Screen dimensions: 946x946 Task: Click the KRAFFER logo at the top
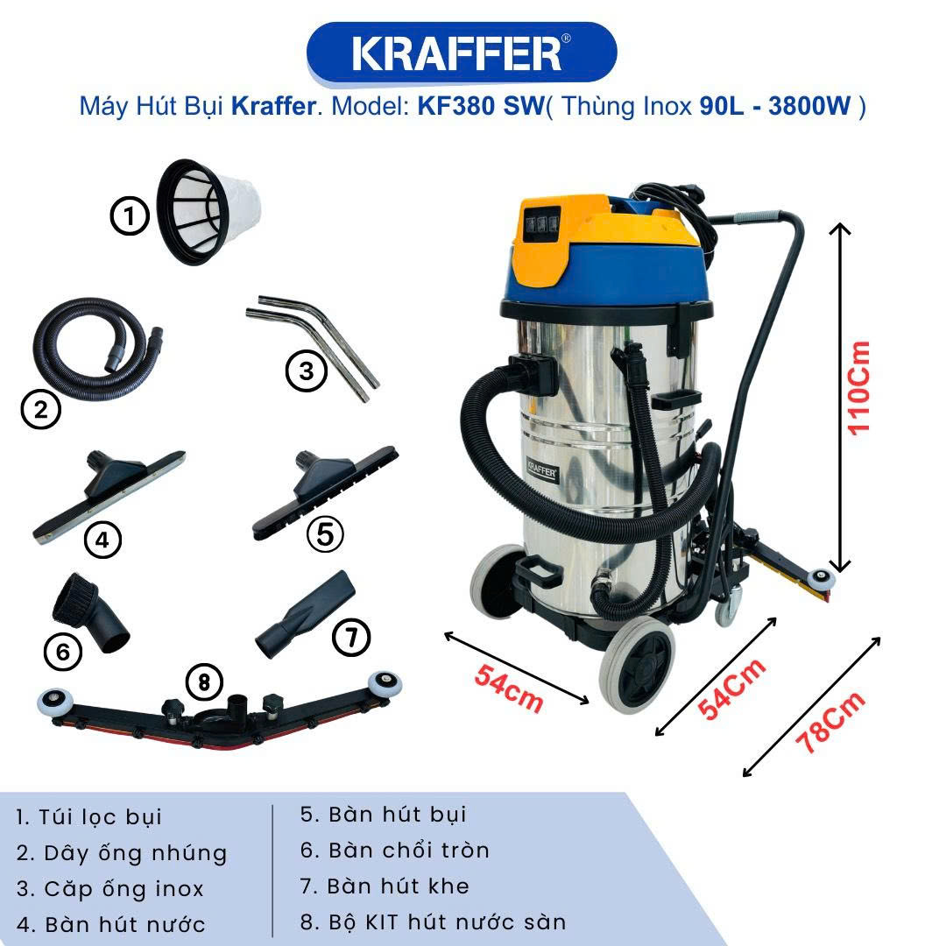[462, 53]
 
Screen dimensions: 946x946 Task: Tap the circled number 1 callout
[130, 215]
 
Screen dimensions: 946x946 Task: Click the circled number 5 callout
[325, 534]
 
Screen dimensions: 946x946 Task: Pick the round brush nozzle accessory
[90, 612]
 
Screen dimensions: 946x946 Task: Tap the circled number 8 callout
[204, 682]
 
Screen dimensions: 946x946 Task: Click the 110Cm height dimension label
[859, 388]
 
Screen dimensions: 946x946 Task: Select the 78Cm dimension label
[830, 723]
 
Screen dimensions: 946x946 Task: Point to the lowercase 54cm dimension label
[509, 688]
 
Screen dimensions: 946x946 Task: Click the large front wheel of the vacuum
[637, 665]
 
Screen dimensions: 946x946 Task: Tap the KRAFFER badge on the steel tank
[542, 471]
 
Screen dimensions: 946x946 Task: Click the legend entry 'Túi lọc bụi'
[100, 817]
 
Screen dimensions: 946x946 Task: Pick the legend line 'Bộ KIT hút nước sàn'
[448, 921]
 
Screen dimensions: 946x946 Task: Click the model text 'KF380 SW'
[481, 106]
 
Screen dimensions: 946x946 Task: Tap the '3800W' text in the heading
[809, 106]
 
